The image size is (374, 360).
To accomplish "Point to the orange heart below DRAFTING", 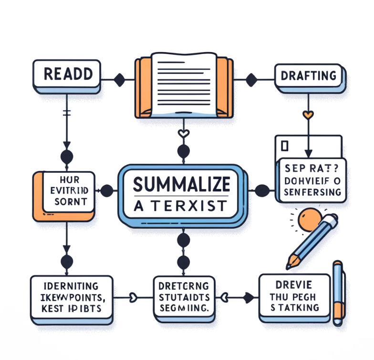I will [309, 115].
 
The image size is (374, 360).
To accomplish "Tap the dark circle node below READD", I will [66, 157].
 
